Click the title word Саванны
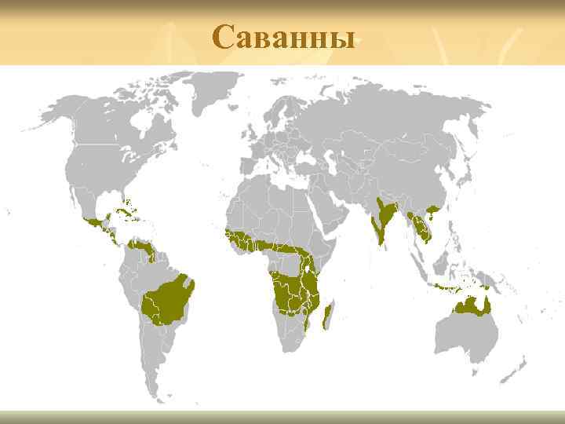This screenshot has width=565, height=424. coord(283,35)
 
